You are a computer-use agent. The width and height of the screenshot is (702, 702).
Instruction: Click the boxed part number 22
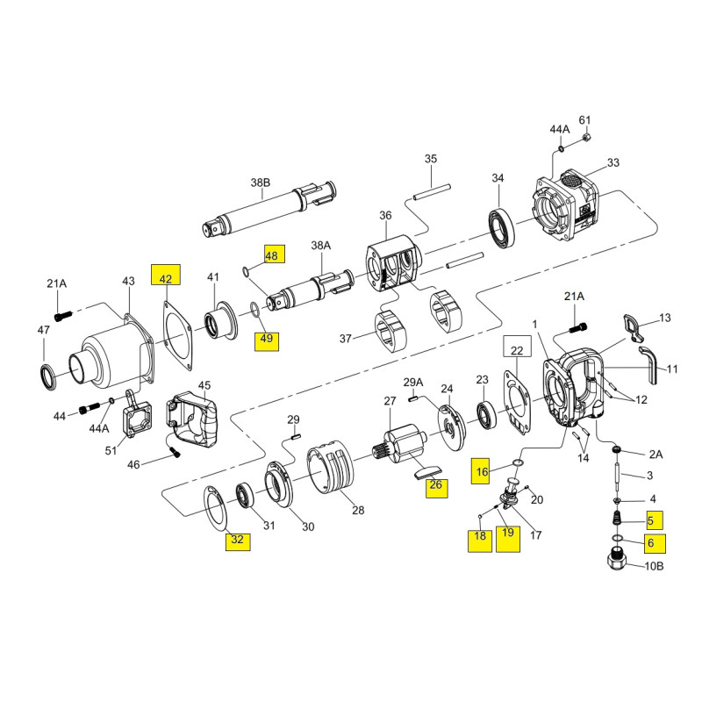[x=516, y=348]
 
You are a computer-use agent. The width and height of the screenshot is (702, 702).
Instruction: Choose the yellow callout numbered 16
[x=481, y=471]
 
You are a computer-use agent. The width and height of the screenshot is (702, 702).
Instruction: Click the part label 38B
[x=261, y=183]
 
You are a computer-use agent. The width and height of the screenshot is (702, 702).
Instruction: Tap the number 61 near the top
[x=585, y=120]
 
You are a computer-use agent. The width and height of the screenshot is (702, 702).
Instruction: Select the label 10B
[x=655, y=566]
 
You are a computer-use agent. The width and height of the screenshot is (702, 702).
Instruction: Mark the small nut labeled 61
[x=587, y=137]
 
